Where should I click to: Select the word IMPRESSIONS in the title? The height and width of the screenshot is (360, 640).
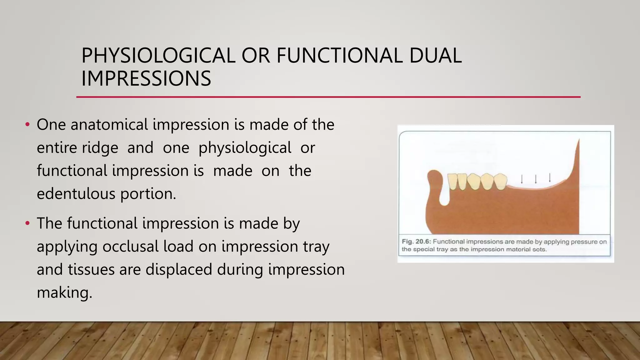click(x=146, y=78)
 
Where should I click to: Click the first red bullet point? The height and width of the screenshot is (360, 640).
click(x=27, y=125)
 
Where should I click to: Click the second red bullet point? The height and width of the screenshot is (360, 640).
click(x=27, y=223)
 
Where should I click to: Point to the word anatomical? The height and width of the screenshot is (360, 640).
click(x=109, y=125)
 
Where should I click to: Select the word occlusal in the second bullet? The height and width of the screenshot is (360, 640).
click(x=130, y=247)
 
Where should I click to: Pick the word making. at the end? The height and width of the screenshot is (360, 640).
click(x=64, y=292)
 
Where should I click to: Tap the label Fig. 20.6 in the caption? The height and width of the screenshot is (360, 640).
click(x=416, y=242)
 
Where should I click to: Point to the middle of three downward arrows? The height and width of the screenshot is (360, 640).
click(x=536, y=179)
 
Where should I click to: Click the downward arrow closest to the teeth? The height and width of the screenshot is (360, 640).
click(x=521, y=179)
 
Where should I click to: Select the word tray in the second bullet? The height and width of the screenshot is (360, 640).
click(x=316, y=247)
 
